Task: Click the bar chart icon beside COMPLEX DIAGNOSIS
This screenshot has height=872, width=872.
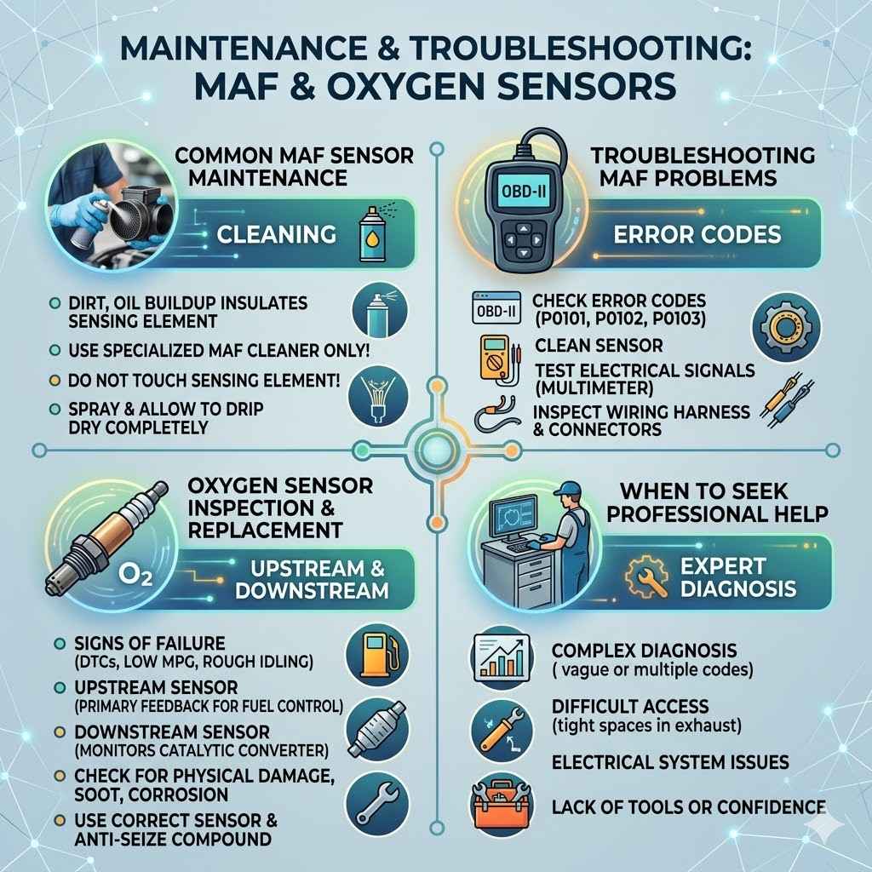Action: click(501, 657)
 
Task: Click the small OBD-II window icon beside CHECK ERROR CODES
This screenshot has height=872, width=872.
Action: click(496, 309)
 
